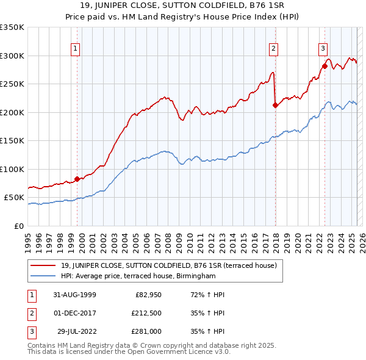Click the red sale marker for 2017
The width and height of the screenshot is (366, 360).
point(275,105)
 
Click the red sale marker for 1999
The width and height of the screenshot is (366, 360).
point(77,179)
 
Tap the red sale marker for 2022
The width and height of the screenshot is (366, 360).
point(325,66)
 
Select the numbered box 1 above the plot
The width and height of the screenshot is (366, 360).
point(75,49)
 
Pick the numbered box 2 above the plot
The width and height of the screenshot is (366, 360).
point(273,49)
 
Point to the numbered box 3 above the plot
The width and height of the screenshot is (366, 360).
point(323,49)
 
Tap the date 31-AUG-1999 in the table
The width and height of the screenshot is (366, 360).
point(75,294)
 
